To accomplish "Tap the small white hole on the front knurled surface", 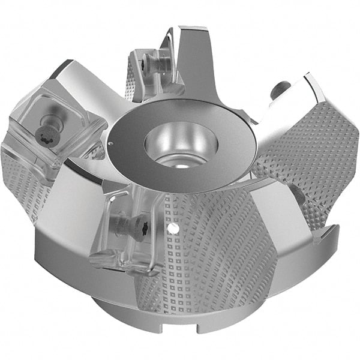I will pos(172,229).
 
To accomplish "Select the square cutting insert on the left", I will pos(54,126).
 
